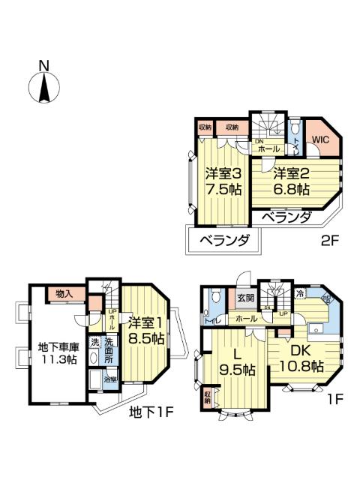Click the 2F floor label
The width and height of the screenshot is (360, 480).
pyautogui.click(x=330, y=242)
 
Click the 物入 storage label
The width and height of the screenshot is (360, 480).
pyautogui.click(x=64, y=294)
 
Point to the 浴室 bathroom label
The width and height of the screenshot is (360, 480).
pyautogui.click(x=109, y=380)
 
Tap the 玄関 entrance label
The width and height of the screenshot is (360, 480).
pyautogui.click(x=246, y=298)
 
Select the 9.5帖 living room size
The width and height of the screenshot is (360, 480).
pyautogui.click(x=236, y=370)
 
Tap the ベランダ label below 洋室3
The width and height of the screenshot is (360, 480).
pyautogui.click(x=222, y=241)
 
